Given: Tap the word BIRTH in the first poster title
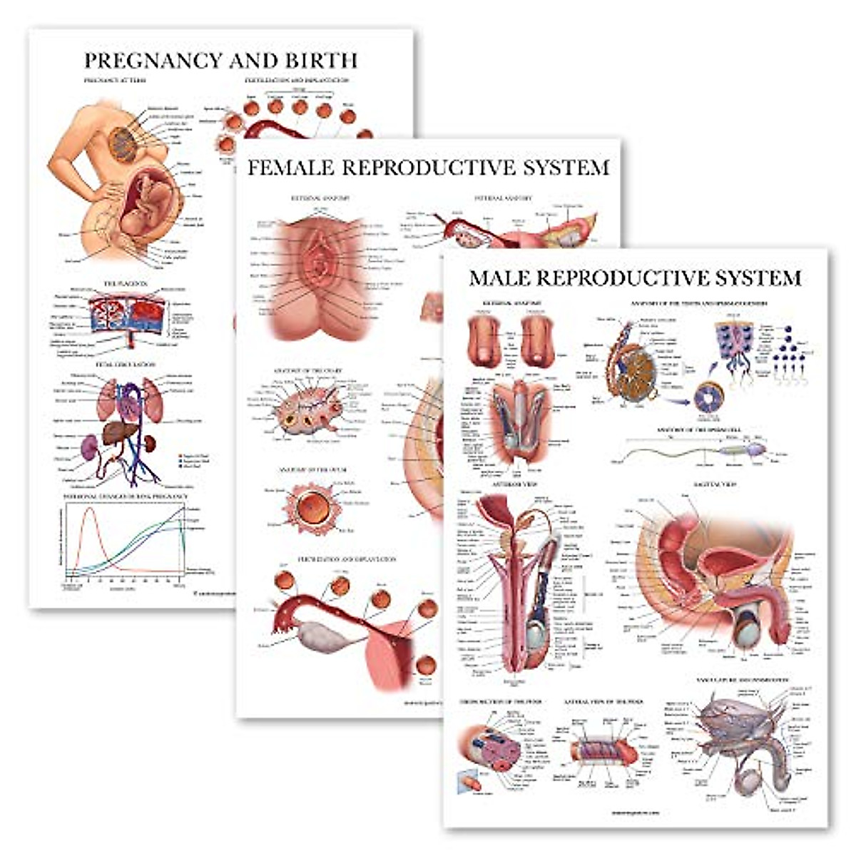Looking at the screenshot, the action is point(322,60).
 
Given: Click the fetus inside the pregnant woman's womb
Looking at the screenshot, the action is point(151,196).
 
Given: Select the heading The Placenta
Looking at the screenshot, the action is point(126,284).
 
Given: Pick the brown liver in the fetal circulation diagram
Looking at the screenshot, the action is point(118,432).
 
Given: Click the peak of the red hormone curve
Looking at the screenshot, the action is point(89,509).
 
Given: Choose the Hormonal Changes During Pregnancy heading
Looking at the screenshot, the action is point(126,496).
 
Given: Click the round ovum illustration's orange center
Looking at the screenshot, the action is point(315,507).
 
